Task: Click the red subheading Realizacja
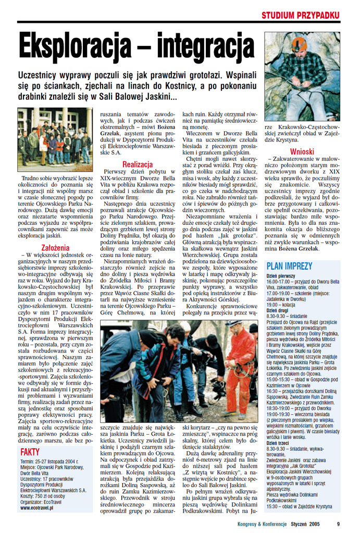click(x=137, y=164)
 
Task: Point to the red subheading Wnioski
click(x=302, y=151)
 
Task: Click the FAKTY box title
click(x=31, y=452)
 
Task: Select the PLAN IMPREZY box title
click(x=289, y=266)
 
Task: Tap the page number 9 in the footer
click(x=338, y=524)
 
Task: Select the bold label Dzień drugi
click(x=277, y=310)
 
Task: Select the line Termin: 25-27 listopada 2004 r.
click(x=49, y=462)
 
